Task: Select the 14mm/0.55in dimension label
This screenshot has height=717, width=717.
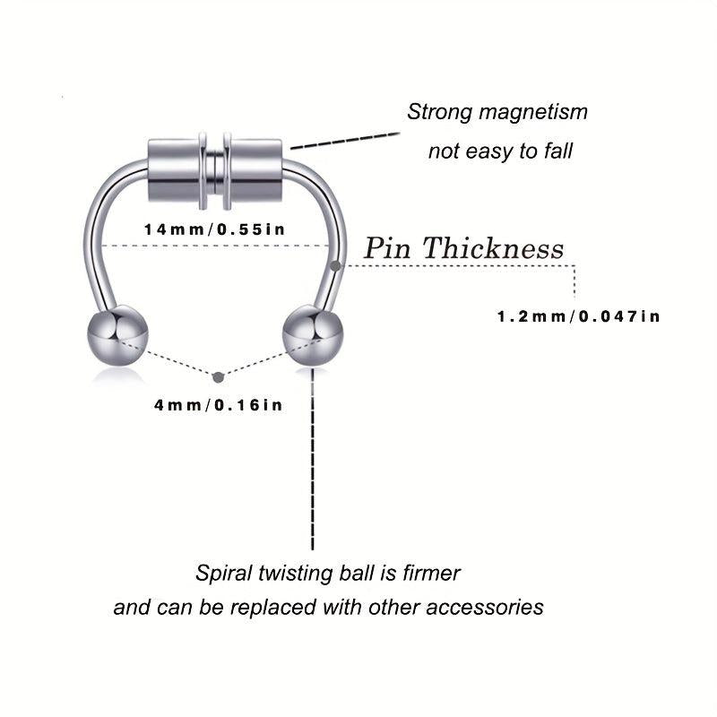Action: coord(215,229)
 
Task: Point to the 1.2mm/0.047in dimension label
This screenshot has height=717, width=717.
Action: coord(578,316)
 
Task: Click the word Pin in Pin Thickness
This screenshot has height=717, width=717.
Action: coord(388,248)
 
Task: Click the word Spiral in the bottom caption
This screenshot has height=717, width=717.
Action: coord(222,572)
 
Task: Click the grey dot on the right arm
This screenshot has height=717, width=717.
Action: coord(334,265)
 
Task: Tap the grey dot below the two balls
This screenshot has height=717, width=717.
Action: coord(215,376)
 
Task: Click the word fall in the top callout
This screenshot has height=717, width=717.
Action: coord(555,151)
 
